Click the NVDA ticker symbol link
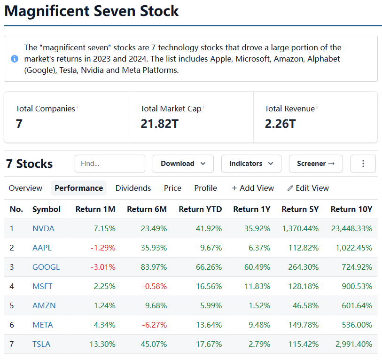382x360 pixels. (43, 228)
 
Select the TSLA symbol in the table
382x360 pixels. (41, 344)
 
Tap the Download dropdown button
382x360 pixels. (183, 164)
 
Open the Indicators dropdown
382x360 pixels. (251, 164)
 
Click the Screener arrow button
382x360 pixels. (316, 164)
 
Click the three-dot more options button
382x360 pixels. (363, 164)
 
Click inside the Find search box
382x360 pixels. (109, 164)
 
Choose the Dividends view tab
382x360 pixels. (133, 188)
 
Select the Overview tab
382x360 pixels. (25, 188)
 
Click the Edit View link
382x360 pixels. (308, 188)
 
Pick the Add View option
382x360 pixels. (253, 188)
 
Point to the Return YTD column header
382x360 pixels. (200, 209)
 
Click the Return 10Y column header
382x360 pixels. (351, 209)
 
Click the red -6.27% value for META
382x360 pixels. (153, 325)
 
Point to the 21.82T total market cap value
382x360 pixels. (159, 124)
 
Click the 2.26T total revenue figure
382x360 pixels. (280, 124)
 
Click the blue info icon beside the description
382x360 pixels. (15, 59)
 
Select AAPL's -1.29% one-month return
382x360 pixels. (103, 248)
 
